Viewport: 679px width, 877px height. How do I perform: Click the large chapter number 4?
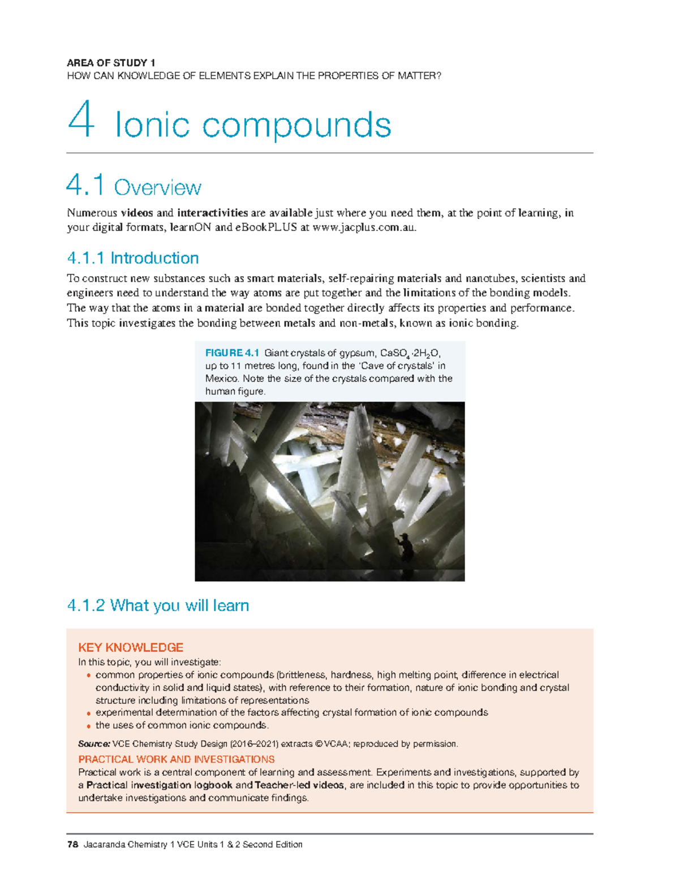[x=80, y=120]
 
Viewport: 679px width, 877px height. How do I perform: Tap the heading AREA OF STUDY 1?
[x=111, y=63]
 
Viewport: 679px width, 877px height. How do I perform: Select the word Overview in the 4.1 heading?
[x=157, y=188]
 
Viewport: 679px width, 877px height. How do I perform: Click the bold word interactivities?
[x=212, y=213]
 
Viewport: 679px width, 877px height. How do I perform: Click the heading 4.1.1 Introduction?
[x=133, y=259]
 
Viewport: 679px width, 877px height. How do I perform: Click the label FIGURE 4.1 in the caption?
[x=232, y=353]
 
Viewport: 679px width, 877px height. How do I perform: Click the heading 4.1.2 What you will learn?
[x=158, y=606]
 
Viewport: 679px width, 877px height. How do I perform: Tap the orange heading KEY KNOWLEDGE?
[x=131, y=648]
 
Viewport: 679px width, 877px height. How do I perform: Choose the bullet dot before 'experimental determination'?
[x=88, y=713]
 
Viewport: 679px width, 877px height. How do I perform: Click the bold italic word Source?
[x=94, y=744]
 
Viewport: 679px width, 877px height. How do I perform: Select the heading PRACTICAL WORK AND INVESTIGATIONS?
[x=177, y=759]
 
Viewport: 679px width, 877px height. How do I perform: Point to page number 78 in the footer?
[x=72, y=845]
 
